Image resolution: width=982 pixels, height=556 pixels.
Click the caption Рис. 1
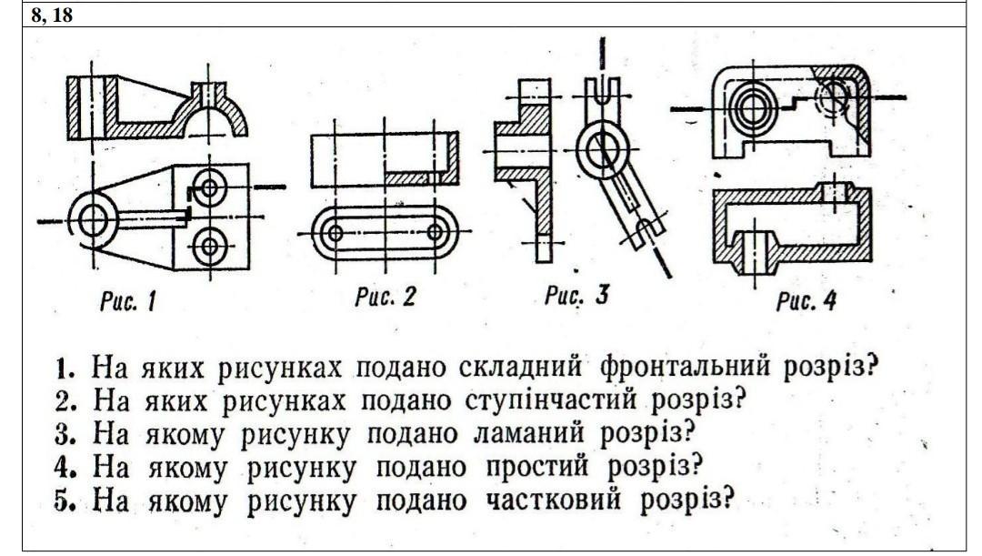[x=127, y=301]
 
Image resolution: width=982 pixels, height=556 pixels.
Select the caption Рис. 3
[x=576, y=297]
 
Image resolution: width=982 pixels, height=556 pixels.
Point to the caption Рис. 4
[x=806, y=301]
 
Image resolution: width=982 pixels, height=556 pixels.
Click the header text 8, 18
[x=52, y=16]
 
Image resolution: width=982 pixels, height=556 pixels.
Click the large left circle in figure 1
[x=93, y=219]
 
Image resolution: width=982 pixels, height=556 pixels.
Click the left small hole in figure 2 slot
[x=335, y=232]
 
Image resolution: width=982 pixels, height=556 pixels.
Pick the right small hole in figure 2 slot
[x=435, y=232]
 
